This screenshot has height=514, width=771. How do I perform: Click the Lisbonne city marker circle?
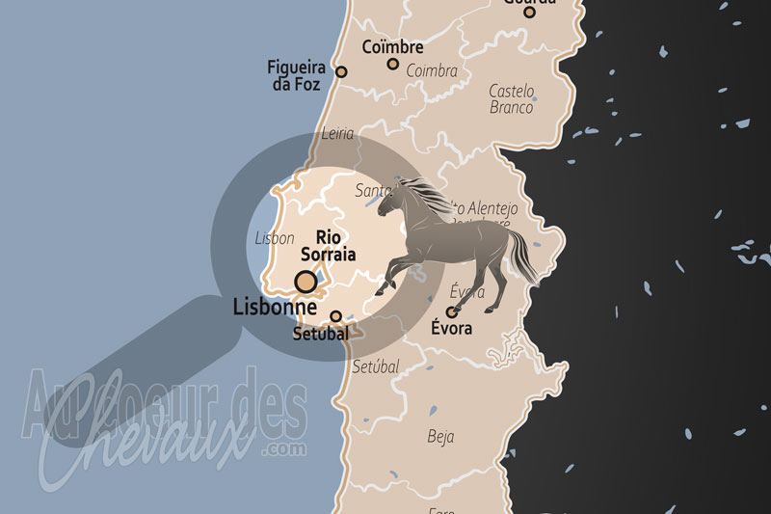pos(306,282)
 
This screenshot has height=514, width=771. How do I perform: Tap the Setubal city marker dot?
pos(335,316)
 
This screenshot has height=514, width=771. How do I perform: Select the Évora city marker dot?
pos(451,311)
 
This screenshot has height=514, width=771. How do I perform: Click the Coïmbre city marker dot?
pos(393,64)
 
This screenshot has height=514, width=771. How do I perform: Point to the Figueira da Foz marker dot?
pos(341,71)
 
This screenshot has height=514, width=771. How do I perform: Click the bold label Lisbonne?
pos(276,308)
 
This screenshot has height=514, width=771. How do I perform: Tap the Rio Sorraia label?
pos(329,246)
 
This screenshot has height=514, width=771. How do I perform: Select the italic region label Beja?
pos(440,437)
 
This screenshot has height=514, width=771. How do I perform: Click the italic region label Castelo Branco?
pos(511,98)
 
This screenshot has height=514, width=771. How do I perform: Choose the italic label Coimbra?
pos(431,70)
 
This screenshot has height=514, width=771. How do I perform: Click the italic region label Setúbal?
pos(375,366)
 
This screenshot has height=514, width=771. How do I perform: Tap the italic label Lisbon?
pos(275,238)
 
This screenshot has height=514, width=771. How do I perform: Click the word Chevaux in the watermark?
pos(145,447)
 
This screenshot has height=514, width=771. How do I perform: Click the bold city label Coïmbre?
pos(392,45)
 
